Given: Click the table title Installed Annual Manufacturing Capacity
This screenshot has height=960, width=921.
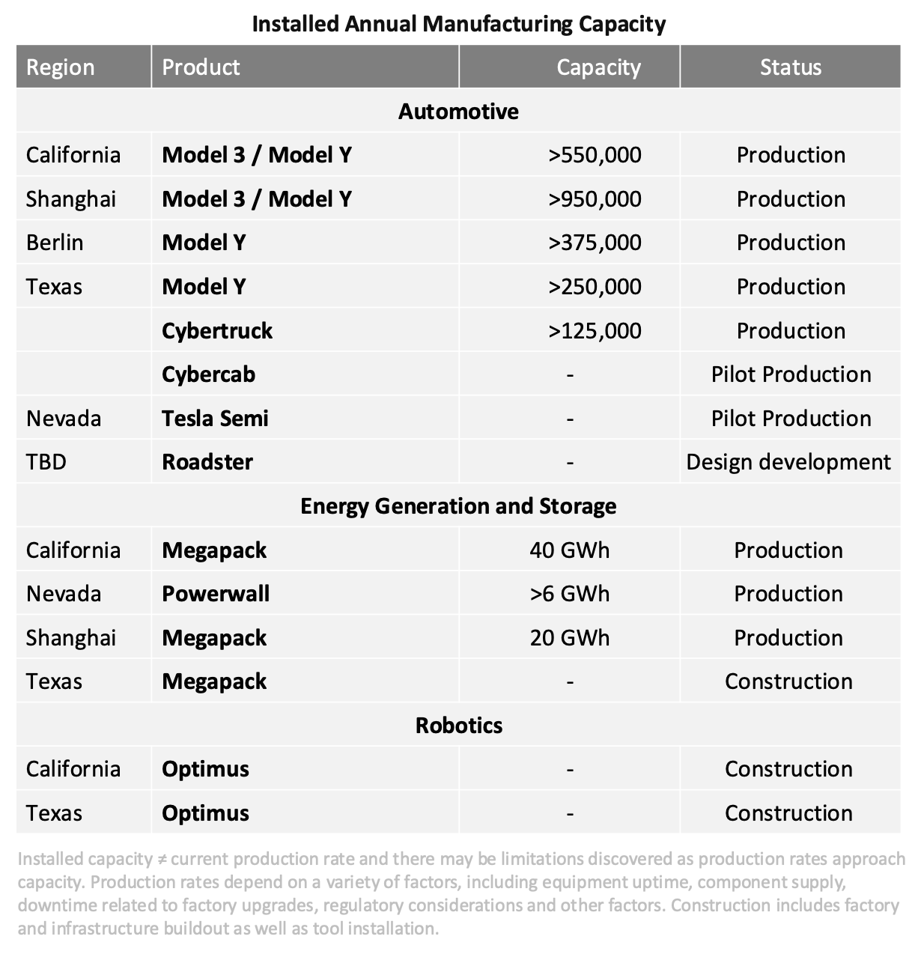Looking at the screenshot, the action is click(x=459, y=24).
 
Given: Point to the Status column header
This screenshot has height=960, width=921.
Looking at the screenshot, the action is click(x=790, y=67).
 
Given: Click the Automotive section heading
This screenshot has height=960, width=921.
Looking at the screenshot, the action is click(x=458, y=112).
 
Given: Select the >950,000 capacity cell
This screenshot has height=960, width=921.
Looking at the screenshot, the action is click(x=595, y=199).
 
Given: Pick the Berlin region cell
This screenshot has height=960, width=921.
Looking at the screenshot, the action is click(x=55, y=243).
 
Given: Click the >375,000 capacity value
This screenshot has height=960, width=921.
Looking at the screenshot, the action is click(x=595, y=243).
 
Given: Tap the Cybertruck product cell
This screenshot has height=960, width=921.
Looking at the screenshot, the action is click(x=217, y=331).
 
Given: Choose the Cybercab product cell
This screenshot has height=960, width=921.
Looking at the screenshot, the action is click(x=209, y=374).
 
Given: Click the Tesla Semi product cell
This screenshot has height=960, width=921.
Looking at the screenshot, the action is click(x=215, y=419).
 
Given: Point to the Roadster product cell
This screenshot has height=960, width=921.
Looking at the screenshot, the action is click(x=207, y=462).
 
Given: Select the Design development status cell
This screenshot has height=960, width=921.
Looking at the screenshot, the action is click(x=788, y=462).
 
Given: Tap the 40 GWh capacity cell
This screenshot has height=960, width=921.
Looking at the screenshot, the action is click(x=570, y=550).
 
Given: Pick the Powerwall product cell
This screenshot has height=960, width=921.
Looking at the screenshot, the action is click(x=216, y=594).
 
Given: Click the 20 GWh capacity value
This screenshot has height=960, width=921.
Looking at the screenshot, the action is click(x=570, y=638).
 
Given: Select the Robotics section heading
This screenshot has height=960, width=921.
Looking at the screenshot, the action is click(x=459, y=726).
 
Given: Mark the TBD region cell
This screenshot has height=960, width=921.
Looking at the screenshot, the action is click(x=46, y=462).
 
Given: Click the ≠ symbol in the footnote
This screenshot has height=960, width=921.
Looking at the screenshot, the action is click(x=162, y=860).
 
